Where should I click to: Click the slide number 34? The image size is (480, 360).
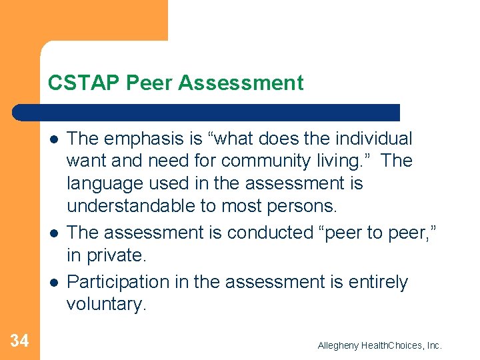pyautogui.click(x=19, y=342)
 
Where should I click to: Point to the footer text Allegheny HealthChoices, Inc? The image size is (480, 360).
pyautogui.click(x=379, y=345)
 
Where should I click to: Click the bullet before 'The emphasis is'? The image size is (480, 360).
pyautogui.click(x=52, y=139)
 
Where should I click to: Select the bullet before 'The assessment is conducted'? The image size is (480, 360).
pyautogui.click(x=52, y=233)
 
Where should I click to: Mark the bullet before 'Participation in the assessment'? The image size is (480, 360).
pyautogui.click(x=52, y=283)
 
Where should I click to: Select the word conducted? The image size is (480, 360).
pyautogui.click(x=269, y=233)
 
